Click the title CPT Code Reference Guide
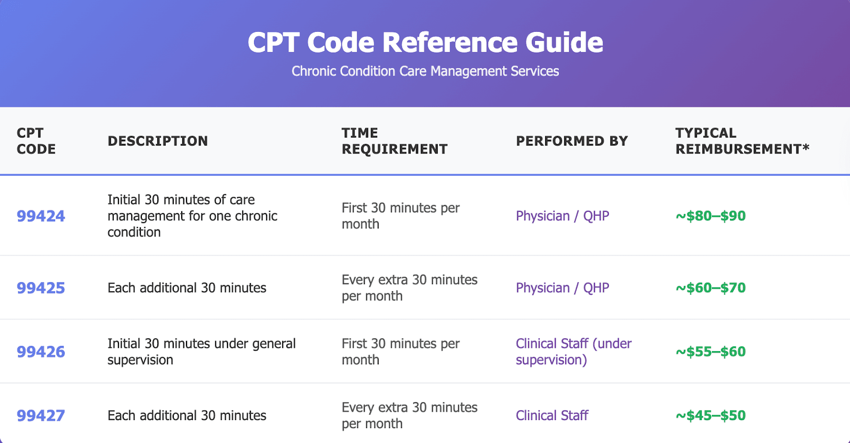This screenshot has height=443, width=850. [425, 42]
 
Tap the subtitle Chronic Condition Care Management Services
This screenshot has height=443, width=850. [425, 71]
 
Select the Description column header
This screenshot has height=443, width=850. [157, 141]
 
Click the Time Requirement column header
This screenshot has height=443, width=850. [395, 141]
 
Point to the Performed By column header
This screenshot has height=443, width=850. [572, 141]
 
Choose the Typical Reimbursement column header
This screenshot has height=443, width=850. [743, 141]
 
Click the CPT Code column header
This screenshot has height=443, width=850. [36, 141]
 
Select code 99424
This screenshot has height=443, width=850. [41, 216]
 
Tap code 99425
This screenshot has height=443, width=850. [41, 288]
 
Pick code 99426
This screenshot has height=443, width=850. [41, 352]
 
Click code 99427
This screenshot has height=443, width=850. [41, 416]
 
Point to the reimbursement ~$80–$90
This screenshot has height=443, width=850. [711, 216]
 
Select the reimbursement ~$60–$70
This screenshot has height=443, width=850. [711, 288]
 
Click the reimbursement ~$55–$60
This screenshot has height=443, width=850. [711, 352]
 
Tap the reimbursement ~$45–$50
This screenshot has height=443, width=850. [711, 416]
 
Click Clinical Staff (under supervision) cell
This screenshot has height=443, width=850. [573, 352]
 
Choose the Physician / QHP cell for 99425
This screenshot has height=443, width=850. [563, 288]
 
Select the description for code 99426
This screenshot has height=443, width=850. [201, 352]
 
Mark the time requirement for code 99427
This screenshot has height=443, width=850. [410, 416]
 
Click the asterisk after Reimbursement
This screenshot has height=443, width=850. [806, 148]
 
